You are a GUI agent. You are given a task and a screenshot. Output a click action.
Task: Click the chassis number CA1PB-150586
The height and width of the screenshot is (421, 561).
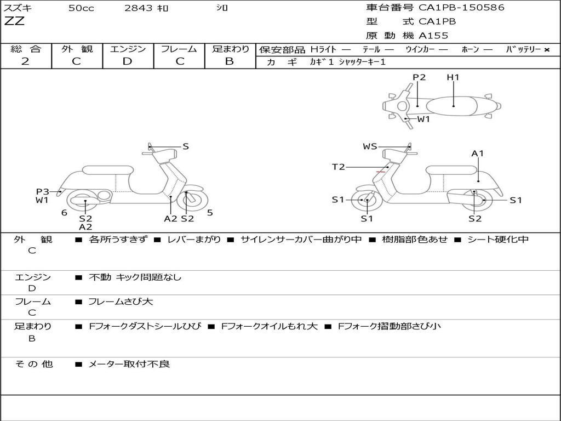(x=462, y=8)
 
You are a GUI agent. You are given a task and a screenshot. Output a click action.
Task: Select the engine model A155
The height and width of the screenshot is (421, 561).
(x=433, y=36)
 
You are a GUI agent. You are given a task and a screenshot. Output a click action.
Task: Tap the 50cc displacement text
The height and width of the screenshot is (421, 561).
(x=80, y=8)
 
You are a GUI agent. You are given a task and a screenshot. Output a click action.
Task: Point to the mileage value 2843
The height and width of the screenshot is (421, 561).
(x=139, y=8)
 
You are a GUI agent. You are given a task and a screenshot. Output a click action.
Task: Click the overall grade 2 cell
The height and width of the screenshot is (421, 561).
(x=25, y=61)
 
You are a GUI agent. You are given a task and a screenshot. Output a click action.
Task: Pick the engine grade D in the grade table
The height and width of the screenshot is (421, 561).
(x=128, y=61)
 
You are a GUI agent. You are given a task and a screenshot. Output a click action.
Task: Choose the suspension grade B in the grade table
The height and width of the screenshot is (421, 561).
(x=230, y=61)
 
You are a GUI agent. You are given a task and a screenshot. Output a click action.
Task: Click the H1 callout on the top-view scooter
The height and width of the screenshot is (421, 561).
(x=453, y=78)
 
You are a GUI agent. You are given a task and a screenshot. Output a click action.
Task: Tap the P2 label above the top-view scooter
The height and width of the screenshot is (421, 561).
(x=419, y=78)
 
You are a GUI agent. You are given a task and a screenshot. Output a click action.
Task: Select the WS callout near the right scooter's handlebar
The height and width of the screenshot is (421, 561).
(x=370, y=146)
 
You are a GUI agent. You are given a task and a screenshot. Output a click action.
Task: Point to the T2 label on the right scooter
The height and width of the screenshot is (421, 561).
(x=338, y=167)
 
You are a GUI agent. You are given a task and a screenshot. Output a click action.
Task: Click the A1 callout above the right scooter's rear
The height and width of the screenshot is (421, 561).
(x=478, y=153)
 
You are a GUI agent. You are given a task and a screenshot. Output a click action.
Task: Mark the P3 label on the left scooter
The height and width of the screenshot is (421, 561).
(x=43, y=191)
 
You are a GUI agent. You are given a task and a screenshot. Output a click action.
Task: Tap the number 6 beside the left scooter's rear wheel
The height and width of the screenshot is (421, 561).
(x=64, y=213)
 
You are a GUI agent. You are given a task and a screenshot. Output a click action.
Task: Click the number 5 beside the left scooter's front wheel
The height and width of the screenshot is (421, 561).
(x=210, y=213)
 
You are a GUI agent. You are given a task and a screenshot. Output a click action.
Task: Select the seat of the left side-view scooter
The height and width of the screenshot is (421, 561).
(x=107, y=170)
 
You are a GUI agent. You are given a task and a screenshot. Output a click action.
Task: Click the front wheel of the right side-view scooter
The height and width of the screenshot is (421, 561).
(x=367, y=201)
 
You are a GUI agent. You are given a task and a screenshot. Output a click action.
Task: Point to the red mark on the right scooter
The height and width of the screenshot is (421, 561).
(x=380, y=172)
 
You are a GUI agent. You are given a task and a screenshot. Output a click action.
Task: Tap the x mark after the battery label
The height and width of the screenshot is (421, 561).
(x=546, y=49)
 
